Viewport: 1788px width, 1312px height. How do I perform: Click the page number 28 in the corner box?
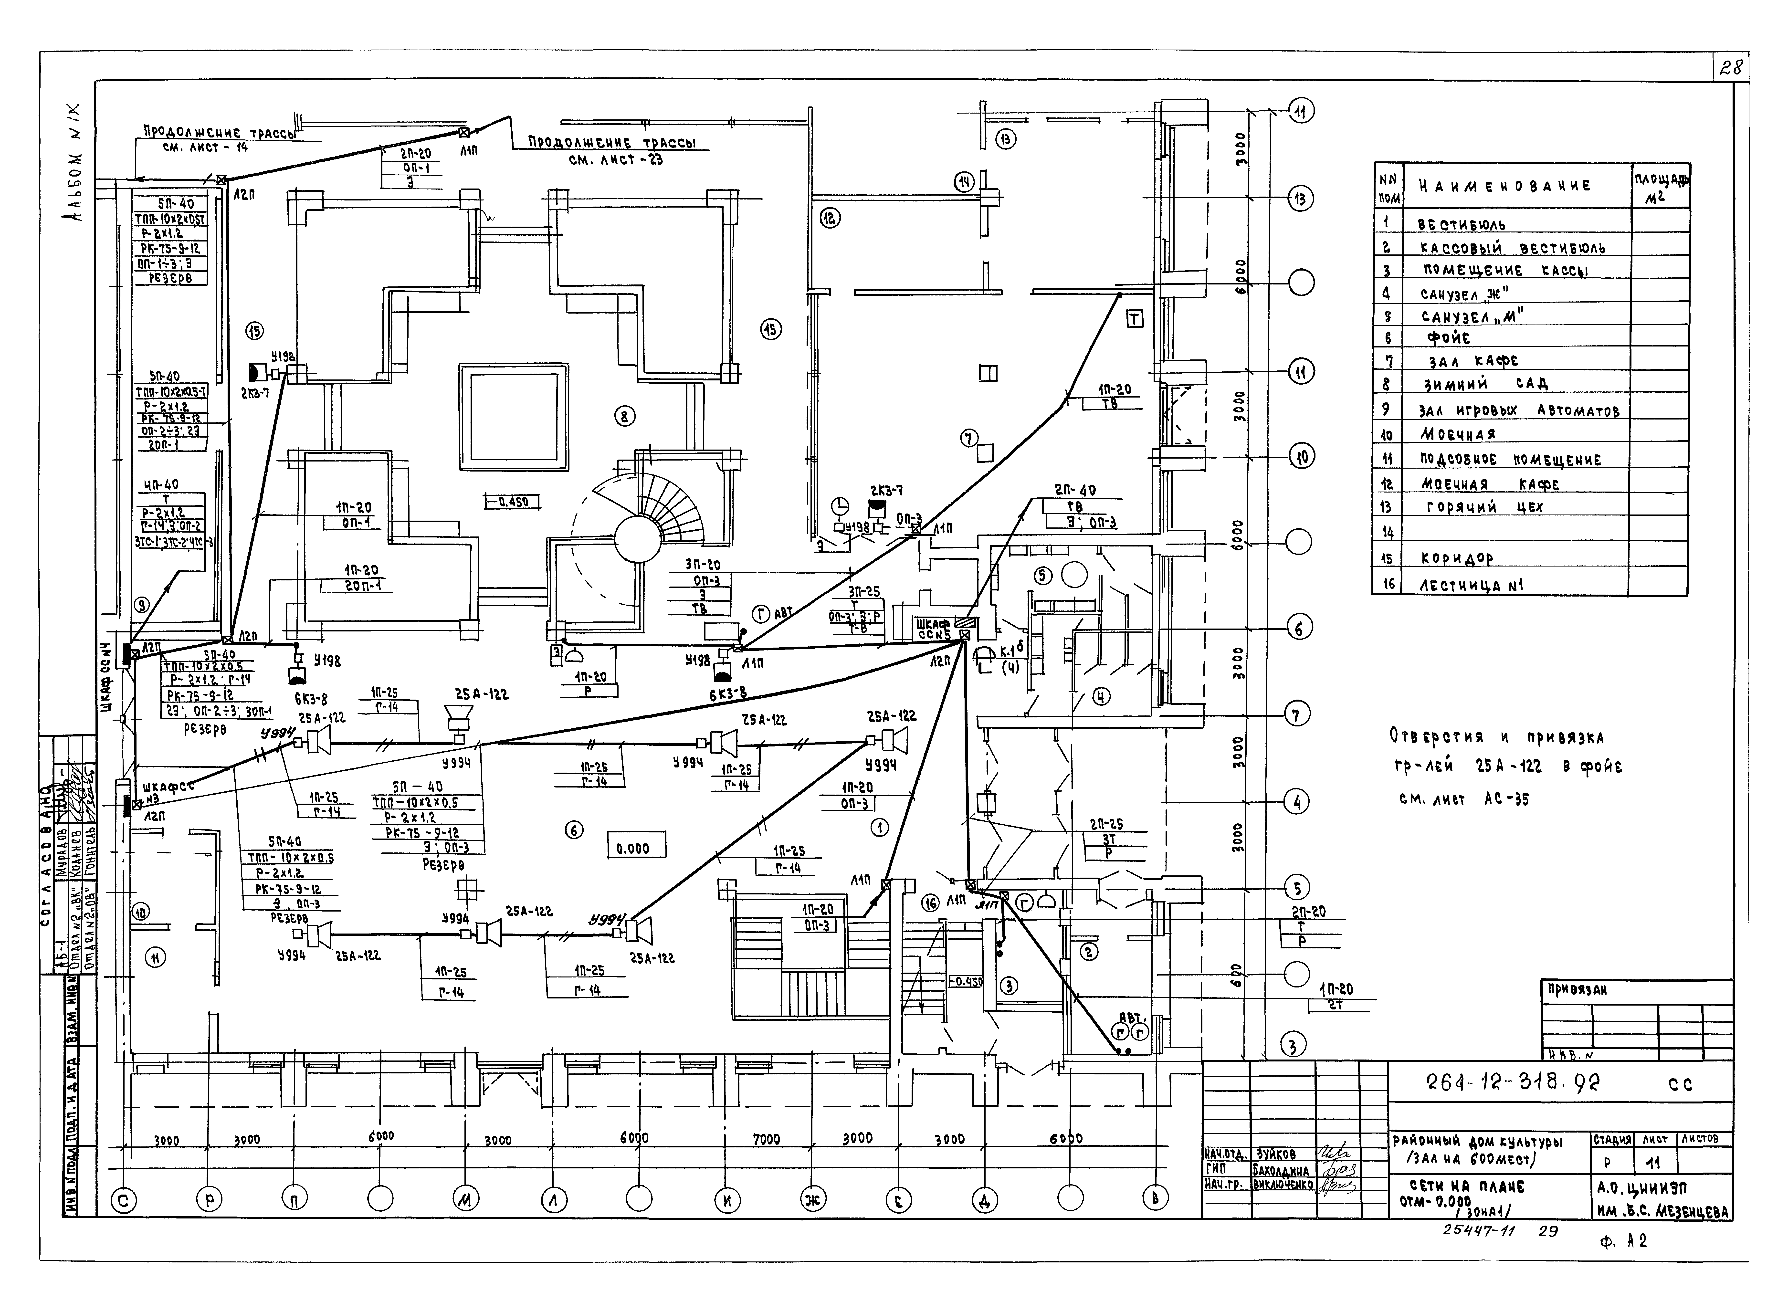tap(1730, 68)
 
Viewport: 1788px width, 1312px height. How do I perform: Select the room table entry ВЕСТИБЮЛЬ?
tap(1462, 225)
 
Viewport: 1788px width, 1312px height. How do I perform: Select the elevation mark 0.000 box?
tap(633, 848)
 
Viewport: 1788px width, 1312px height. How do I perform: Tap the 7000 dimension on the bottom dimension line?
tap(766, 1140)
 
